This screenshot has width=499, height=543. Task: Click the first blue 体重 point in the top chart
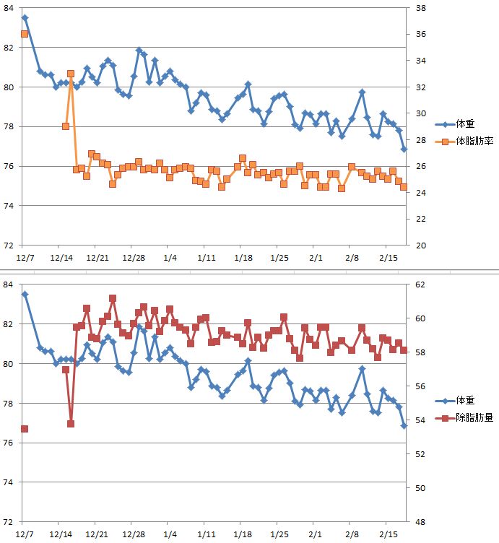tap(25, 17)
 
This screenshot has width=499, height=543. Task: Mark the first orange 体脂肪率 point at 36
tap(25, 34)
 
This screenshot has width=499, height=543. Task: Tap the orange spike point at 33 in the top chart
tap(71, 74)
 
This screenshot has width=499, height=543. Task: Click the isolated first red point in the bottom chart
tap(25, 429)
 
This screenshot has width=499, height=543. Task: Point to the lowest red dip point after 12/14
tap(71, 424)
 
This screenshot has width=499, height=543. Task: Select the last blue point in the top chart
tap(404, 149)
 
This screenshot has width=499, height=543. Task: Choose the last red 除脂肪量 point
tap(404, 350)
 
